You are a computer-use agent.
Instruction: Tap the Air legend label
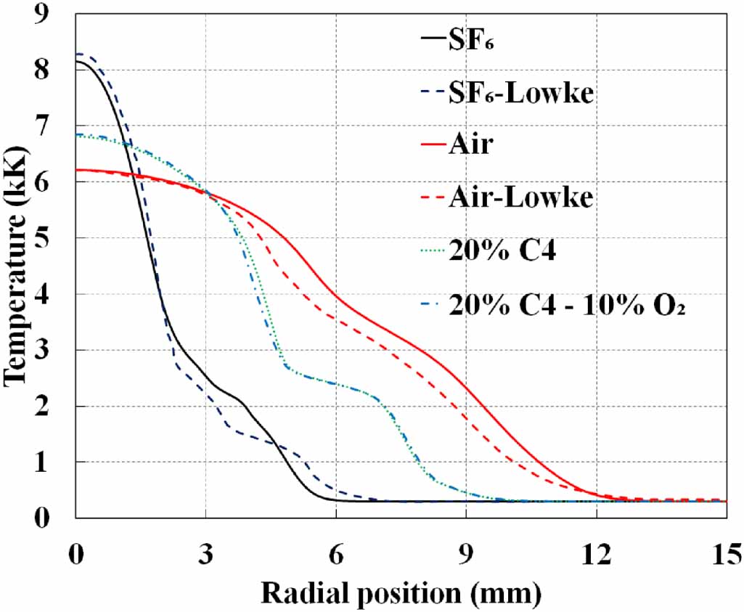[471, 144]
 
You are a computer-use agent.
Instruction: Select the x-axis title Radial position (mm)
[401, 594]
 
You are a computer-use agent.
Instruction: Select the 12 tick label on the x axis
[597, 555]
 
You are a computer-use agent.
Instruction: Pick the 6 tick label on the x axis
[336, 555]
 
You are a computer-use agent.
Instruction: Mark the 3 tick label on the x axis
[206, 555]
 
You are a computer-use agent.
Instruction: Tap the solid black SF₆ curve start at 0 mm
[77, 61]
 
